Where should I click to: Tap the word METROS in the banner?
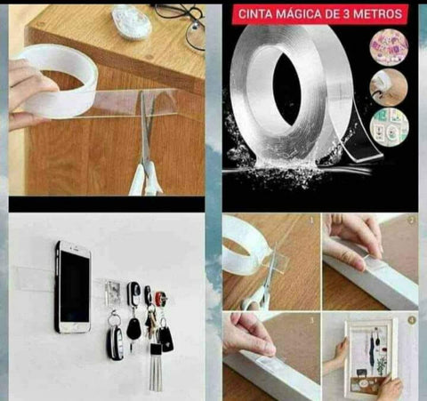[378, 14]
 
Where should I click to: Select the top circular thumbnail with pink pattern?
[389, 47]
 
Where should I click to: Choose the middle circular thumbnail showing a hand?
[389, 87]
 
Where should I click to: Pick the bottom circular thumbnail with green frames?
[389, 126]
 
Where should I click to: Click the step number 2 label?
[411, 220]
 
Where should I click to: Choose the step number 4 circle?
[411, 318]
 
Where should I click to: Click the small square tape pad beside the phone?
[112, 289]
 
